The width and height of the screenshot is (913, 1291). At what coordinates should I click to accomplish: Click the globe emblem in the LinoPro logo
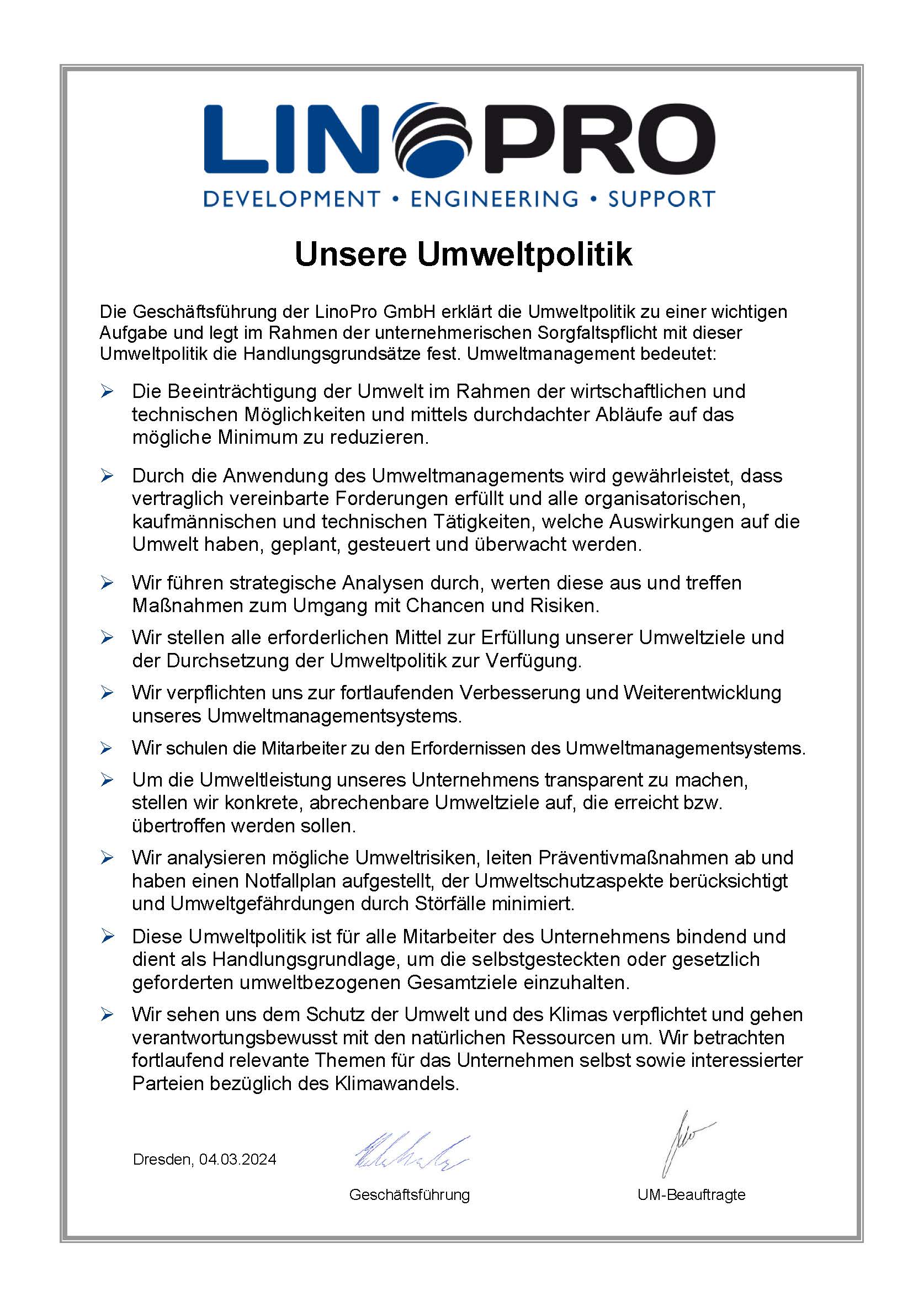pyautogui.click(x=431, y=139)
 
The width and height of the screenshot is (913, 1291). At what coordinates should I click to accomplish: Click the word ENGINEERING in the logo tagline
pyautogui.click(x=494, y=199)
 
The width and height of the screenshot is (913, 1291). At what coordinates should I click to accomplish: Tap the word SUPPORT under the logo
pyautogui.click(x=661, y=199)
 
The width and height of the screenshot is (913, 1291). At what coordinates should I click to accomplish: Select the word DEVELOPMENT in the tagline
pyautogui.click(x=291, y=199)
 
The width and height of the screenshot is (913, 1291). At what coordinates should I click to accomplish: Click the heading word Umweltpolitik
pyautogui.click(x=524, y=254)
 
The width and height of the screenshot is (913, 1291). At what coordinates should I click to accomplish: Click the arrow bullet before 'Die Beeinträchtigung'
pyautogui.click(x=108, y=391)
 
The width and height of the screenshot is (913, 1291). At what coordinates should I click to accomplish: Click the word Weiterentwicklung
pyautogui.click(x=702, y=693)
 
